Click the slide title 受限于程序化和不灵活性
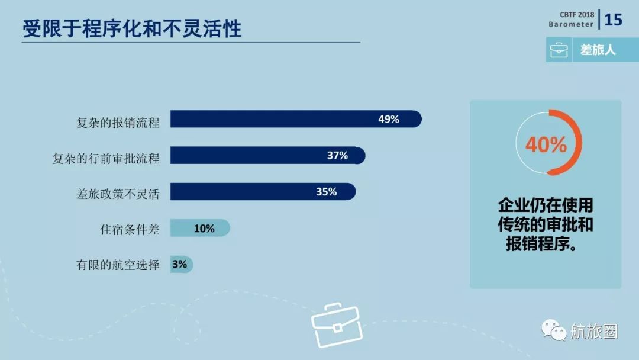coord(132,28)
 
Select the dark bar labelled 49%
coord(295,119)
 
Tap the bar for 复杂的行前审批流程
coord(267,156)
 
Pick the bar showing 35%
coord(263,192)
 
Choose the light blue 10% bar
coord(199,228)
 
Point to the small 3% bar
coord(181,265)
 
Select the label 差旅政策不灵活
coord(118,194)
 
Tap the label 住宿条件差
coord(130,229)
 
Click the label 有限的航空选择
coord(118,265)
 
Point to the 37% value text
coord(337,156)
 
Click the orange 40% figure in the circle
coord(546,144)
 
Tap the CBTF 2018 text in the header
coord(576,14)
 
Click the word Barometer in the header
coord(571,24)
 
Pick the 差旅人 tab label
coord(598,50)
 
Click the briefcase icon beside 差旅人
coord(559,50)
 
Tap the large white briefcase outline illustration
coord(336,325)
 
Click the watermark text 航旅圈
coord(593,332)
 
